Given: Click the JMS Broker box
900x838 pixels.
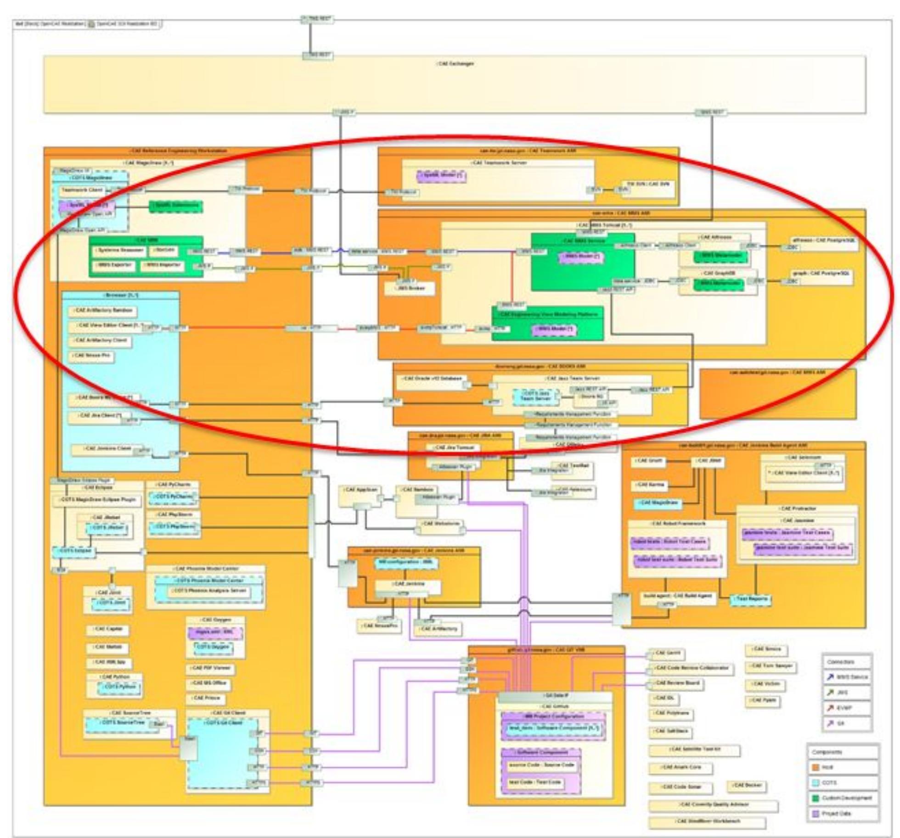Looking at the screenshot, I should pos(410,289).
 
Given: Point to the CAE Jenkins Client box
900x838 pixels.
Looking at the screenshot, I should pos(102,449).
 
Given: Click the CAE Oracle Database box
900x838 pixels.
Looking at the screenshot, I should pos(431,380).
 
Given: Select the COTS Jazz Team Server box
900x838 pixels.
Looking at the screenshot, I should pos(536,397).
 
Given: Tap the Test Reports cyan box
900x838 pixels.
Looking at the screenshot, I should pos(751,599).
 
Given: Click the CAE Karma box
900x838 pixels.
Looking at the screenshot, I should pos(651,485).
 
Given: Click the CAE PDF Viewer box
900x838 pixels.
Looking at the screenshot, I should pos(211,669).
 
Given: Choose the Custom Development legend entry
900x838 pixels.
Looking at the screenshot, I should pos(843,799).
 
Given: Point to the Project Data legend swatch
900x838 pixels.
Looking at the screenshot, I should pos(816,814).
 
